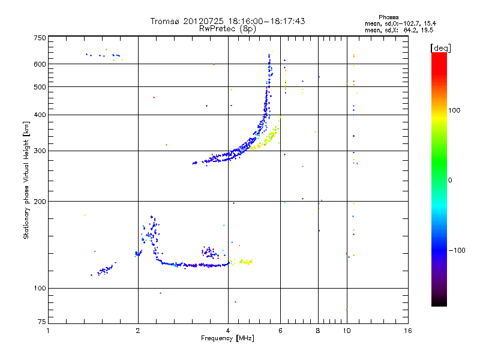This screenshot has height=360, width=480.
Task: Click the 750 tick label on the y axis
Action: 39,37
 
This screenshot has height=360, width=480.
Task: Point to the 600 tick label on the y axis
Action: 39,64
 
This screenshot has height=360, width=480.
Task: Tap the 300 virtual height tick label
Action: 39,151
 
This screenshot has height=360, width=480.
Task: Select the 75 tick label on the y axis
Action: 41,323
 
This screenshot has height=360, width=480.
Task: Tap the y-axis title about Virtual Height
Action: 26,180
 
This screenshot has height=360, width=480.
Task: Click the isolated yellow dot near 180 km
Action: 85,215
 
